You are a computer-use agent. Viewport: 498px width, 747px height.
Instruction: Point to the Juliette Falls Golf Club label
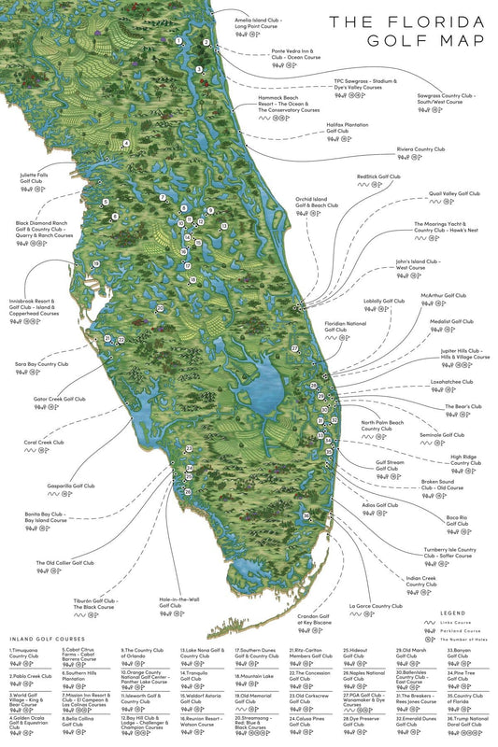(x=38, y=176)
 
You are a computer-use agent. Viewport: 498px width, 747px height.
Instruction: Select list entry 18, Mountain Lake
(x=253, y=675)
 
